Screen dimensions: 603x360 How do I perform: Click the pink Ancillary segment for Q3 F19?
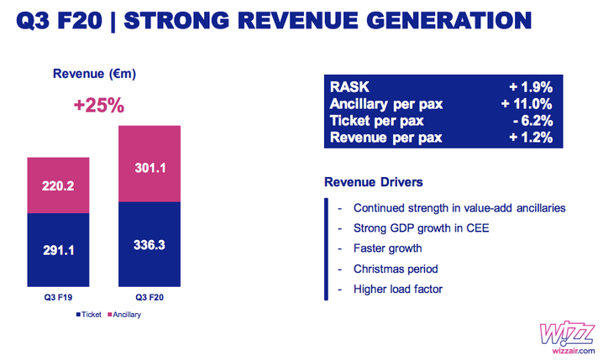click(58, 185)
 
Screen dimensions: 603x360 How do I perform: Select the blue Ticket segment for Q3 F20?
click(149, 244)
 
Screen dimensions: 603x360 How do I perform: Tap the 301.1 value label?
click(150, 168)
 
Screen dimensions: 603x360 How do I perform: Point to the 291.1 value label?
click(59, 251)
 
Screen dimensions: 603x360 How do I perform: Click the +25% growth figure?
click(99, 105)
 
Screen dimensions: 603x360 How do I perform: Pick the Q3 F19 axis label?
click(58, 297)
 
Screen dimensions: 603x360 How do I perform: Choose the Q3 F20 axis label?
click(149, 297)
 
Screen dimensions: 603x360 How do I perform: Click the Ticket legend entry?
click(89, 315)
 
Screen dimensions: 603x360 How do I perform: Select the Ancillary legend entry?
click(124, 315)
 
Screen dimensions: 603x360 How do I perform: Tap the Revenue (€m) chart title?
click(95, 73)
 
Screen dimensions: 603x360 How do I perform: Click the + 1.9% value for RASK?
click(531, 87)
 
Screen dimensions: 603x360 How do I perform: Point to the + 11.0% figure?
click(527, 104)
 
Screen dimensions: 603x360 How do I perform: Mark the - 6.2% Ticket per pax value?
click(533, 121)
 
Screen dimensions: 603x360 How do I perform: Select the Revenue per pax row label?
click(386, 138)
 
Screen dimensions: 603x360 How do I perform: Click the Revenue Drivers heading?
click(374, 182)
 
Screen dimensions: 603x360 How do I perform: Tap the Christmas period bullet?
click(396, 269)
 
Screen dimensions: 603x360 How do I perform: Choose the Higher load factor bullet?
click(398, 289)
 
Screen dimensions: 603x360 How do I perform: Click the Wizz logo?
click(567, 333)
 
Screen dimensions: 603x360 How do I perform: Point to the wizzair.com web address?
click(574, 351)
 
